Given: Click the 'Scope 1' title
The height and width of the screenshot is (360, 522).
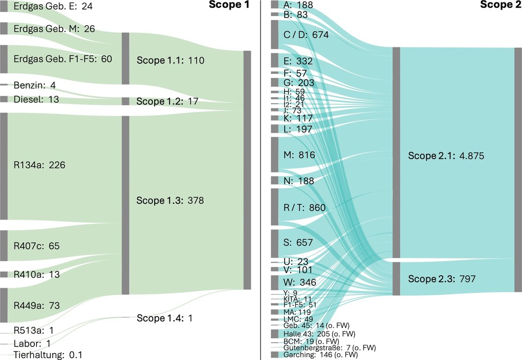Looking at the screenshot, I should pyautogui.click(x=231, y=5).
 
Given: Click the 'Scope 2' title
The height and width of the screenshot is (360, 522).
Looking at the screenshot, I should pyautogui.click(x=501, y=5).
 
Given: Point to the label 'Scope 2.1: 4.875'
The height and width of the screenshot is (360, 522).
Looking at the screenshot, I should pyautogui.click(x=446, y=156).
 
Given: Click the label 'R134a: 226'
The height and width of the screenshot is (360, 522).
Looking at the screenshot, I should pyautogui.click(x=40, y=165).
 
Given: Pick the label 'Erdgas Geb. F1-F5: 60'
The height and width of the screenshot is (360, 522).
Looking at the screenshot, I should pyautogui.click(x=63, y=59).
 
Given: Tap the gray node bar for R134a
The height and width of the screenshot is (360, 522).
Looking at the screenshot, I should pyautogui.click(x=3, y=166).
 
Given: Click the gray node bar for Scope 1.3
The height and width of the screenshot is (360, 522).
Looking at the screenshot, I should pyautogui.click(x=125, y=205).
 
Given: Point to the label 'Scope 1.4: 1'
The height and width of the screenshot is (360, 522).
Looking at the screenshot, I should pyautogui.click(x=164, y=318).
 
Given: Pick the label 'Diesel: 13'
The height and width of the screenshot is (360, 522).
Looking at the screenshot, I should pyautogui.click(x=36, y=99).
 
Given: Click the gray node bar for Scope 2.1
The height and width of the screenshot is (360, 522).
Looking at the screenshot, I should pyautogui.click(x=396, y=152).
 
